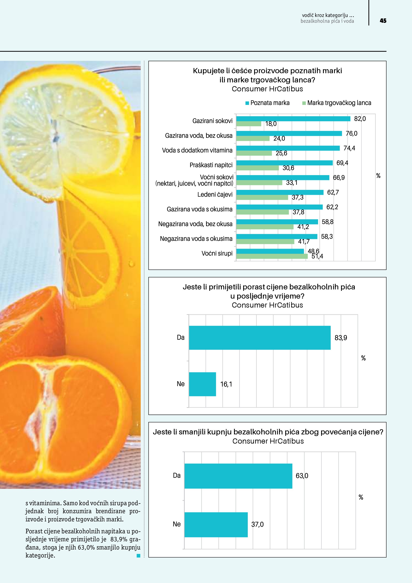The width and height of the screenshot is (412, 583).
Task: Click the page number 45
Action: (383, 21)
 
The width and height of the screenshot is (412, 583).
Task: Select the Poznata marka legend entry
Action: (267, 103)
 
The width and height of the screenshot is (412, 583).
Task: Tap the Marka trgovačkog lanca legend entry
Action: (337, 103)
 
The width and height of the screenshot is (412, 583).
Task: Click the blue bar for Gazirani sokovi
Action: (293, 119)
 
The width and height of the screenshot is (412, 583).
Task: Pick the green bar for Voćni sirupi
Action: (272, 256)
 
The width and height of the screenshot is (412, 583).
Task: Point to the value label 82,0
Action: (360, 119)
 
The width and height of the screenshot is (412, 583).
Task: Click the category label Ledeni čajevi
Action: (215, 194)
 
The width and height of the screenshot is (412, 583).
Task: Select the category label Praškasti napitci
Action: (211, 165)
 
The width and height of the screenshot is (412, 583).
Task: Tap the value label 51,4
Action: (317, 256)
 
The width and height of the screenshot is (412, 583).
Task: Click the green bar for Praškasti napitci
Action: (258, 168)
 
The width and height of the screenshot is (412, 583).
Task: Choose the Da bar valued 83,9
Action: (260, 338)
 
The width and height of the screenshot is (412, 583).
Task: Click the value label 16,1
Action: (226, 384)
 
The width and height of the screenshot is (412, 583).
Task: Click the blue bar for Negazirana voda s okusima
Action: (276, 236)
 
